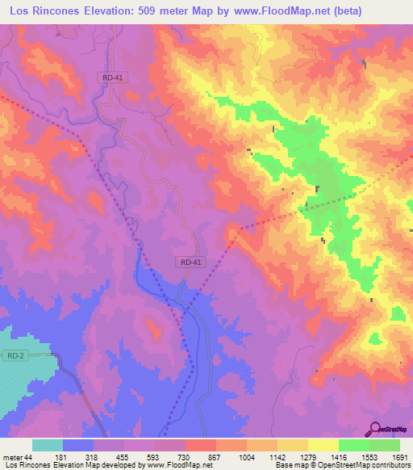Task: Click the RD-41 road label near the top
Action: click(x=113, y=77)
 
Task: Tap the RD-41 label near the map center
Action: click(x=190, y=262)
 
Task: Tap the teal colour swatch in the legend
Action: click(x=48, y=445)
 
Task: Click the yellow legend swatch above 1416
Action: click(x=323, y=445)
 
